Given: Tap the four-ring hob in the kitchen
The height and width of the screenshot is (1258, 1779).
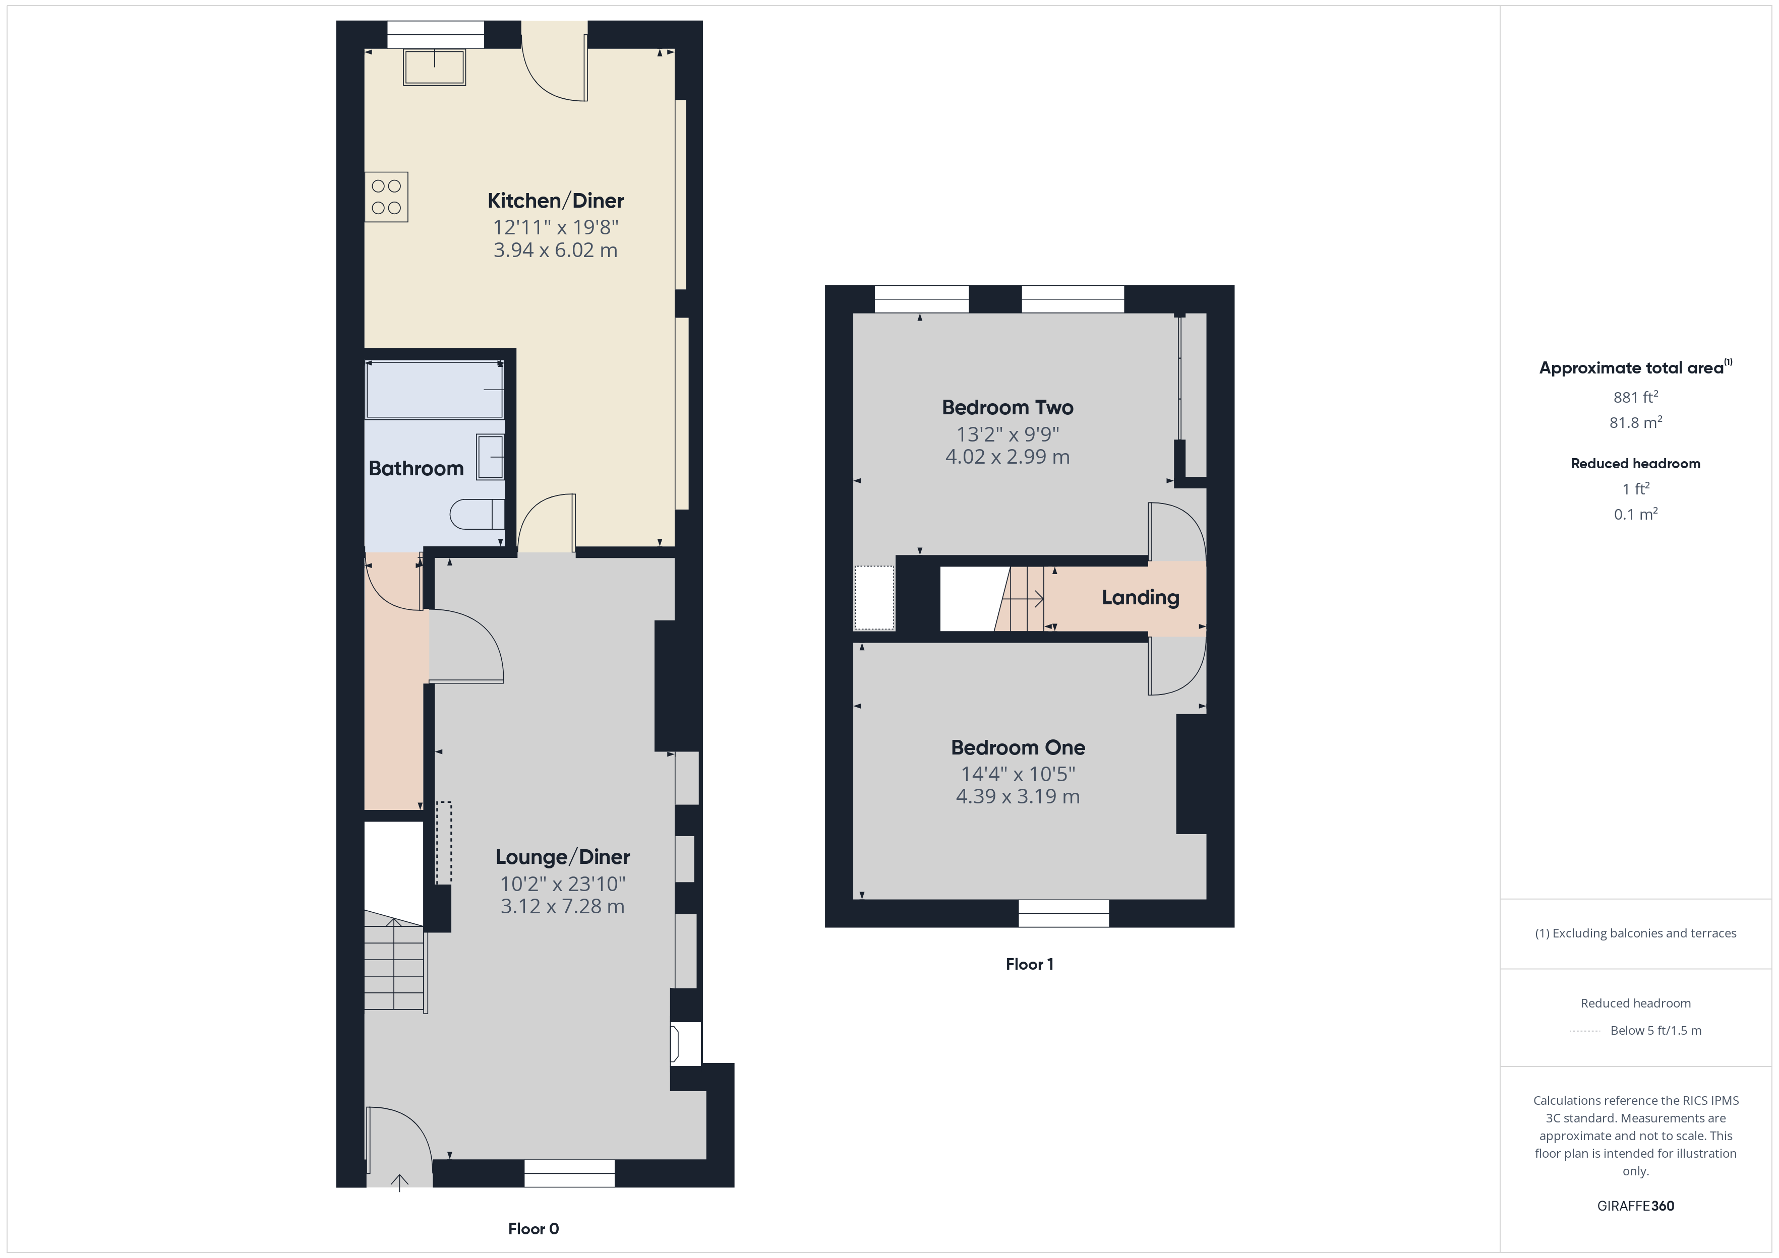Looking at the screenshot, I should point(386,197).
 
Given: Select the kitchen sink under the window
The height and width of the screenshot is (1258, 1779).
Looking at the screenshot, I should point(434,68).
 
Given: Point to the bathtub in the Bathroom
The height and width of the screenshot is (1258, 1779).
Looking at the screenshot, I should point(435,390).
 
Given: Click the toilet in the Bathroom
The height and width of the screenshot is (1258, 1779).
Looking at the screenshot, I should point(476,514).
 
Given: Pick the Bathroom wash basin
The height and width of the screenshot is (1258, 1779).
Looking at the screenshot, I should point(490,457).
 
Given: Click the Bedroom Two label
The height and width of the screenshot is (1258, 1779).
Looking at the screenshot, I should point(1007,407).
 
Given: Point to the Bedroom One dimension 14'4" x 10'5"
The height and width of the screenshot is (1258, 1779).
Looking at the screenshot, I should point(1018,774).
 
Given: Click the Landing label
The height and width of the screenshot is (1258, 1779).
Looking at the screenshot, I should point(1140,597).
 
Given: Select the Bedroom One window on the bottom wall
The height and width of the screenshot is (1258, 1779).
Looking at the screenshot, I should point(1063,913).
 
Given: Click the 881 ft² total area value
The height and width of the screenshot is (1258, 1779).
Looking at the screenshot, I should point(1635,397).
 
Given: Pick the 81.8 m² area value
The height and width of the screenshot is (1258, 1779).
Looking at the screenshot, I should point(1635,423).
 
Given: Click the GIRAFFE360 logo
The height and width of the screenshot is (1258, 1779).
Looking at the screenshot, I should point(1635,1206).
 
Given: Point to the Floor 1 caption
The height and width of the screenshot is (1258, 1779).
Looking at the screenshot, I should point(1029,964).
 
